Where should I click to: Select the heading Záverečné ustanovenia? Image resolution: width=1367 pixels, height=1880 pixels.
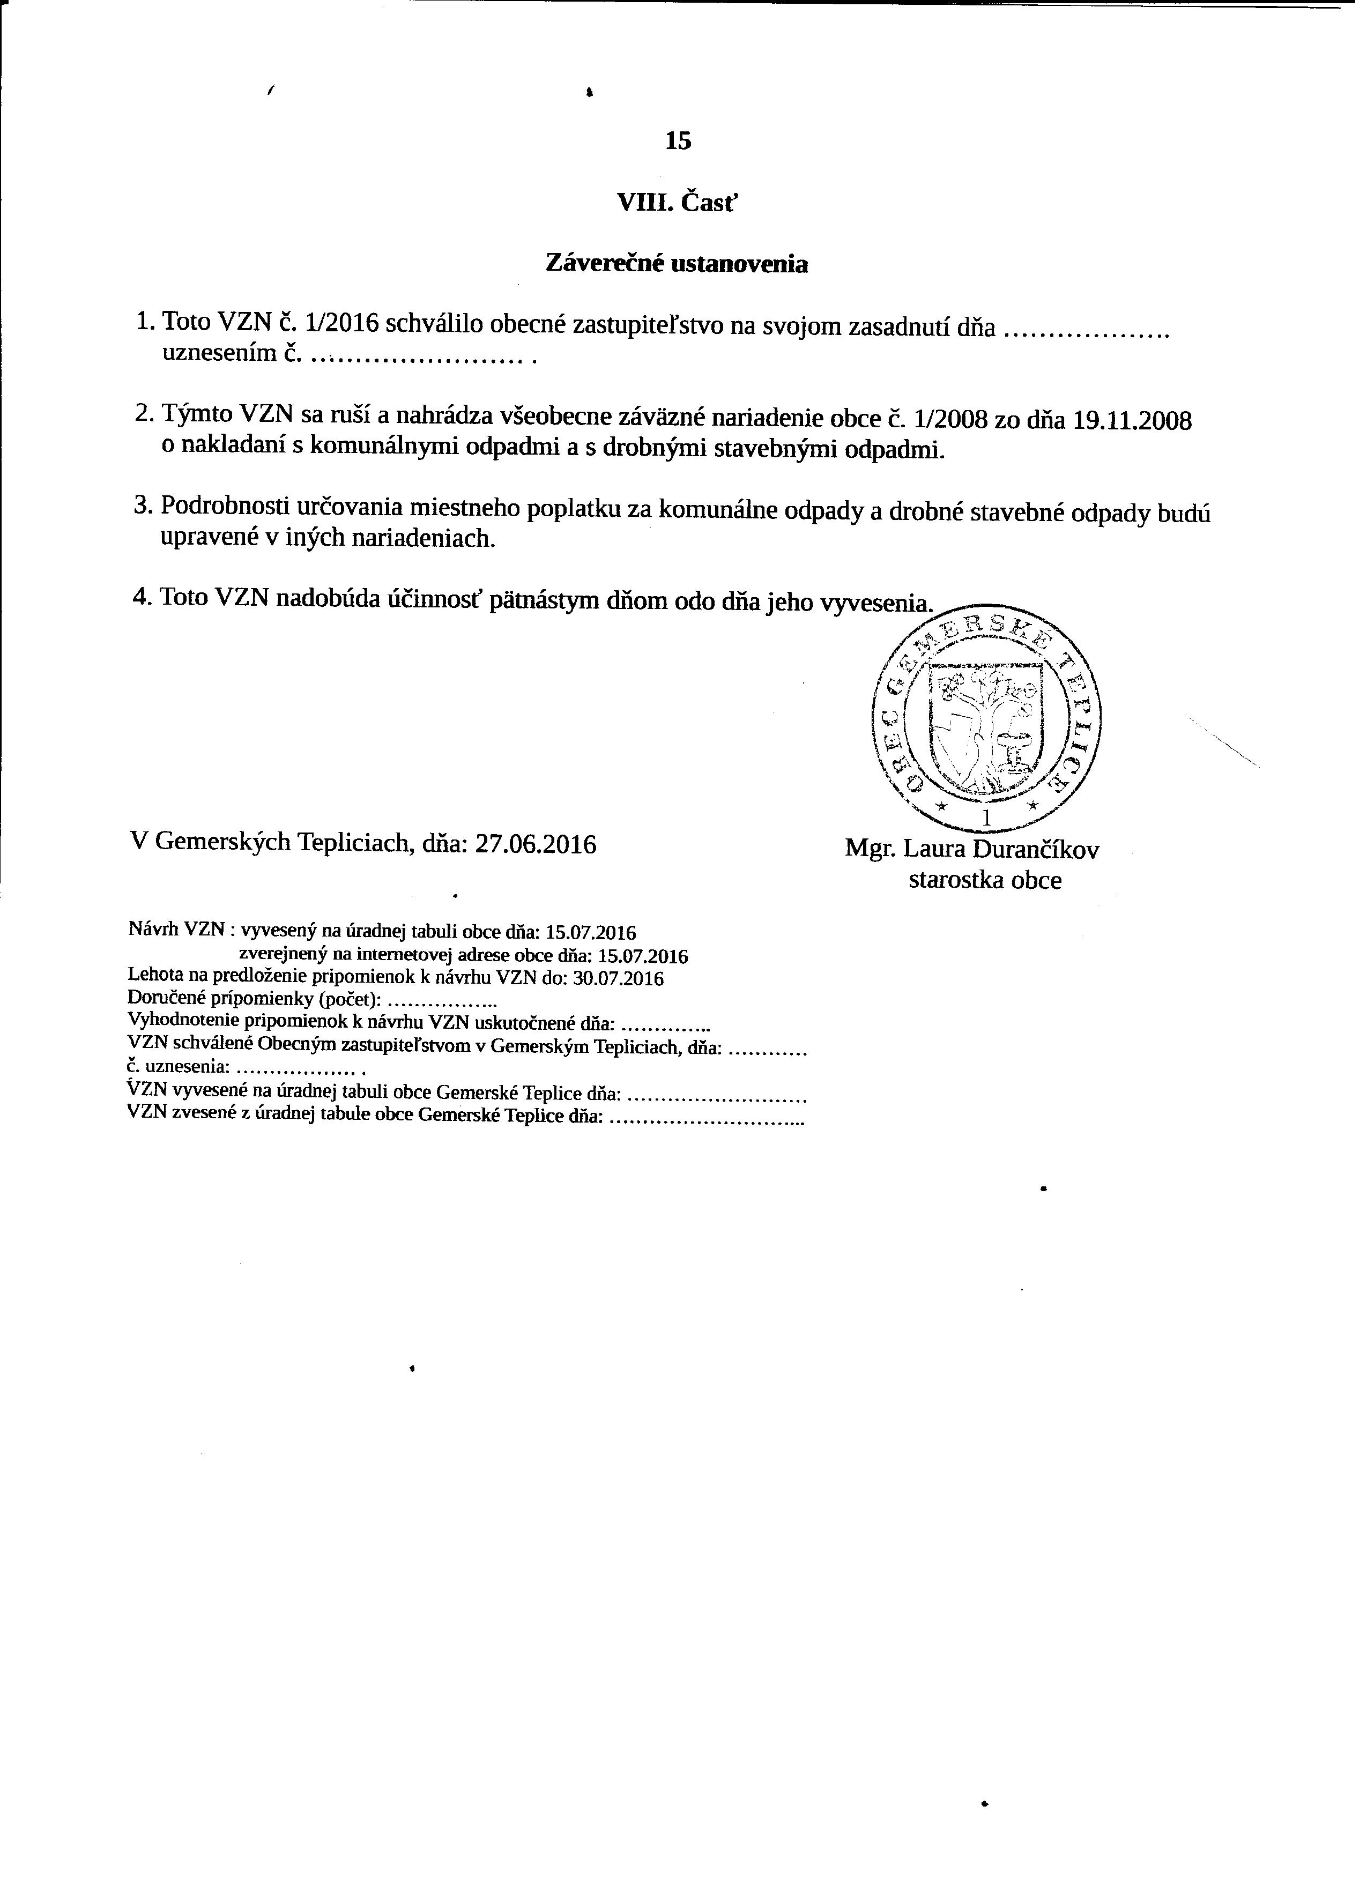[677, 264]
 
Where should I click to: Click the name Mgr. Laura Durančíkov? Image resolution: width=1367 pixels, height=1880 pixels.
[971, 850]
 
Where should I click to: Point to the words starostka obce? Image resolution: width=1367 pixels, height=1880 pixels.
[985, 880]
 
